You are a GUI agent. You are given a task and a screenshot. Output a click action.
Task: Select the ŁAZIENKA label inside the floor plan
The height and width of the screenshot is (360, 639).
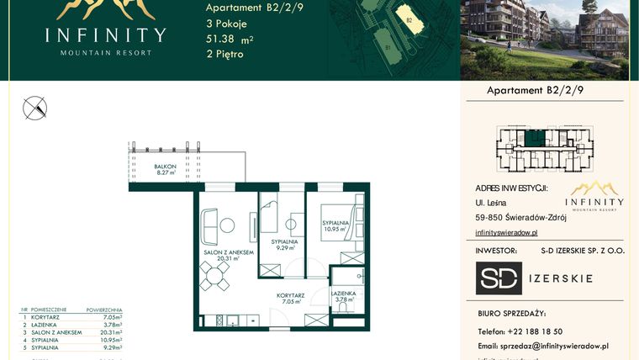click(x=342, y=295)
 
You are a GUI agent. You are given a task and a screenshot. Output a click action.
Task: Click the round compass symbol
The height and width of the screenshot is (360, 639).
click(x=36, y=108)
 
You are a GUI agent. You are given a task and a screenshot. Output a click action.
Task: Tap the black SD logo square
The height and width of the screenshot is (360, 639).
click(x=499, y=278)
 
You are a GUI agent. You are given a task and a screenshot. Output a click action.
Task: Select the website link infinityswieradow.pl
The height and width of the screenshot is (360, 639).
click(x=505, y=232)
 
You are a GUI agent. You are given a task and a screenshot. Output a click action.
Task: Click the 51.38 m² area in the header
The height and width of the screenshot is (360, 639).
click(x=230, y=39)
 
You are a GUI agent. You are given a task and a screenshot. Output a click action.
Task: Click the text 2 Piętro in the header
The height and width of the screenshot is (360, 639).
click(x=224, y=54)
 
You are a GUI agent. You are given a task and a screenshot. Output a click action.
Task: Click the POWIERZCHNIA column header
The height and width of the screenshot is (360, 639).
click(x=105, y=310)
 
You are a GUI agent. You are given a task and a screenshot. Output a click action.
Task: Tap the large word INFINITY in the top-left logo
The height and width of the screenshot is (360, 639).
click(x=105, y=35)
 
